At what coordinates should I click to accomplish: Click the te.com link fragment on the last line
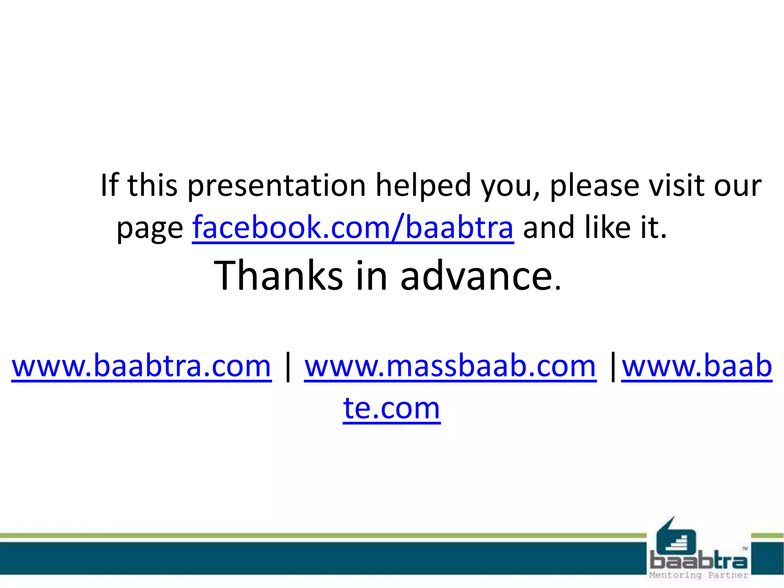[392, 408]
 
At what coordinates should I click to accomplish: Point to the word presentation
[276, 186]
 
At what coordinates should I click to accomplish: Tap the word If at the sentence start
[109, 185]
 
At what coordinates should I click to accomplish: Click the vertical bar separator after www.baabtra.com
[288, 367]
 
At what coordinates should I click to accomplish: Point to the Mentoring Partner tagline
[699, 575]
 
